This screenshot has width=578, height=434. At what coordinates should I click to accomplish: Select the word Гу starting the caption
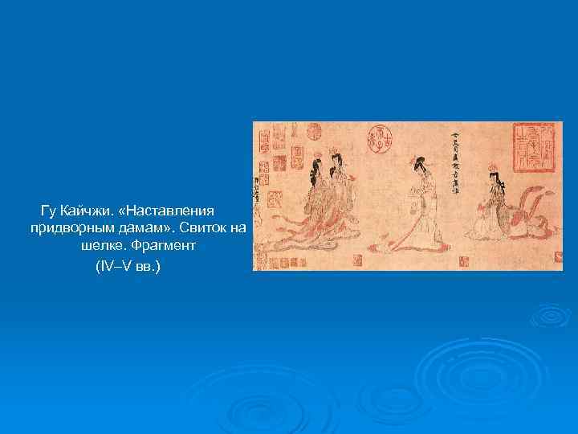click(48, 211)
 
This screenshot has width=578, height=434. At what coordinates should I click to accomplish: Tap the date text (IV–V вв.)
click(128, 265)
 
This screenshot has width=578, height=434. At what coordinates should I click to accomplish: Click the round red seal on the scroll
click(377, 138)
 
